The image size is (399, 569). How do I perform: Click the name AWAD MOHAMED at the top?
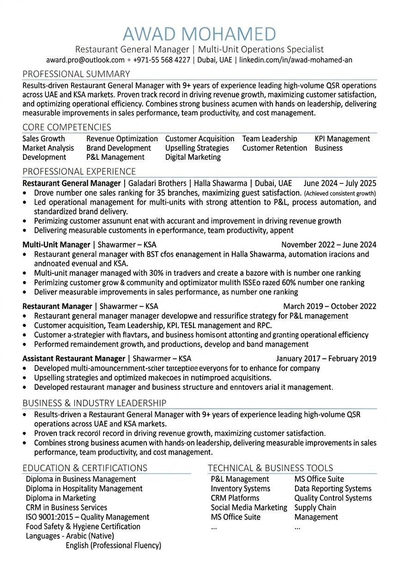tap(199, 34)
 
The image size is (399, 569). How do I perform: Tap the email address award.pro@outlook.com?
tap(85, 60)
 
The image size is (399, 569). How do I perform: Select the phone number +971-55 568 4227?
tap(162, 60)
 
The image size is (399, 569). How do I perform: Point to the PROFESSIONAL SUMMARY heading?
tap(76, 74)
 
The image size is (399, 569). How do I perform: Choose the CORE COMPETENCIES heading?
tap(67, 127)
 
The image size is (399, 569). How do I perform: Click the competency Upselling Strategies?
tap(197, 148)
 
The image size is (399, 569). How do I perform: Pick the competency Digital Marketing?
tap(193, 157)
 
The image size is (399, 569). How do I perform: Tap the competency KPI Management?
tap(342, 139)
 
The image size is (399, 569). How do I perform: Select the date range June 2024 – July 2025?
tap(340, 183)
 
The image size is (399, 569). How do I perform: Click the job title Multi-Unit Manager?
tap(56, 245)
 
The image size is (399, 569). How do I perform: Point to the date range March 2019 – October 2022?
tap(330, 306)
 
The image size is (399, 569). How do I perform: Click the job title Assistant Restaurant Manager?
tap(74, 358)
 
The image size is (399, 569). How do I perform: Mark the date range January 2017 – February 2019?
tap(326, 358)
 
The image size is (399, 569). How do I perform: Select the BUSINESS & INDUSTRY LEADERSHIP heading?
tap(95, 403)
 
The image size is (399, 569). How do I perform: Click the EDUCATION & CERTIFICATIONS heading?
tap(85, 468)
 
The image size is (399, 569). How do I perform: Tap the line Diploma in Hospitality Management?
tap(84, 488)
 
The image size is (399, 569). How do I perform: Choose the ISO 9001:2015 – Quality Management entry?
tap(87, 517)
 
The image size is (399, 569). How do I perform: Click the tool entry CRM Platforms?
tap(235, 498)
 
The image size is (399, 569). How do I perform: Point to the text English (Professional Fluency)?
tap(114, 545)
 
